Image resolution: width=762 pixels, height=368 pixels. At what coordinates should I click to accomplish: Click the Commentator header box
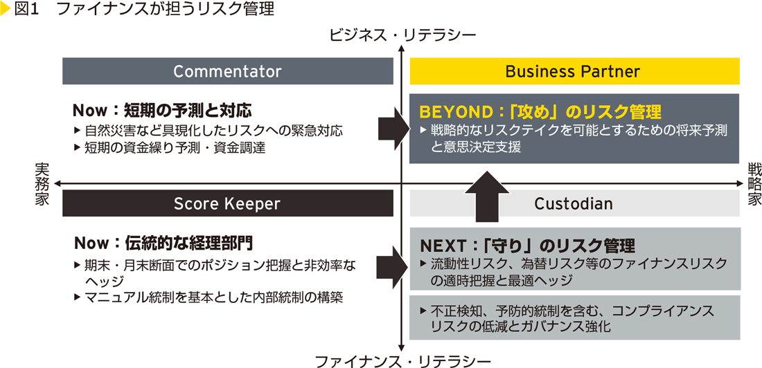tap(227, 71)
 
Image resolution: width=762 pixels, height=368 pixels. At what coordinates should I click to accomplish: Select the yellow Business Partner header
tap(574, 71)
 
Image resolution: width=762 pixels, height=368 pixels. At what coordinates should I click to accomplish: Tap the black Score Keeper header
tap(227, 203)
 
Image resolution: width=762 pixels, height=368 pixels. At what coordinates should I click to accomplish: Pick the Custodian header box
tap(574, 203)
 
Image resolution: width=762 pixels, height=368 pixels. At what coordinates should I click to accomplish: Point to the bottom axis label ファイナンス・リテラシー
tap(402, 360)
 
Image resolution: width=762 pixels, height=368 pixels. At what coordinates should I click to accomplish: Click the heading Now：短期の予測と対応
tap(161, 110)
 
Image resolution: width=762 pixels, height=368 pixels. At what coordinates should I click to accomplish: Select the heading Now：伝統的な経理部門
tap(163, 243)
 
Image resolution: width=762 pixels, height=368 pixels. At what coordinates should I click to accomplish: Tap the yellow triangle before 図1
tap(6, 10)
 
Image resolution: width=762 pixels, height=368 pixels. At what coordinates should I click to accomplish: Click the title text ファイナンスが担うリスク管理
tap(166, 10)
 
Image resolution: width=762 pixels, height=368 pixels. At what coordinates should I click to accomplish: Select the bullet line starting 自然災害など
tap(208, 130)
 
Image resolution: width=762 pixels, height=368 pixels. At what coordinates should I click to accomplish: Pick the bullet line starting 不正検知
tap(568, 311)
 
